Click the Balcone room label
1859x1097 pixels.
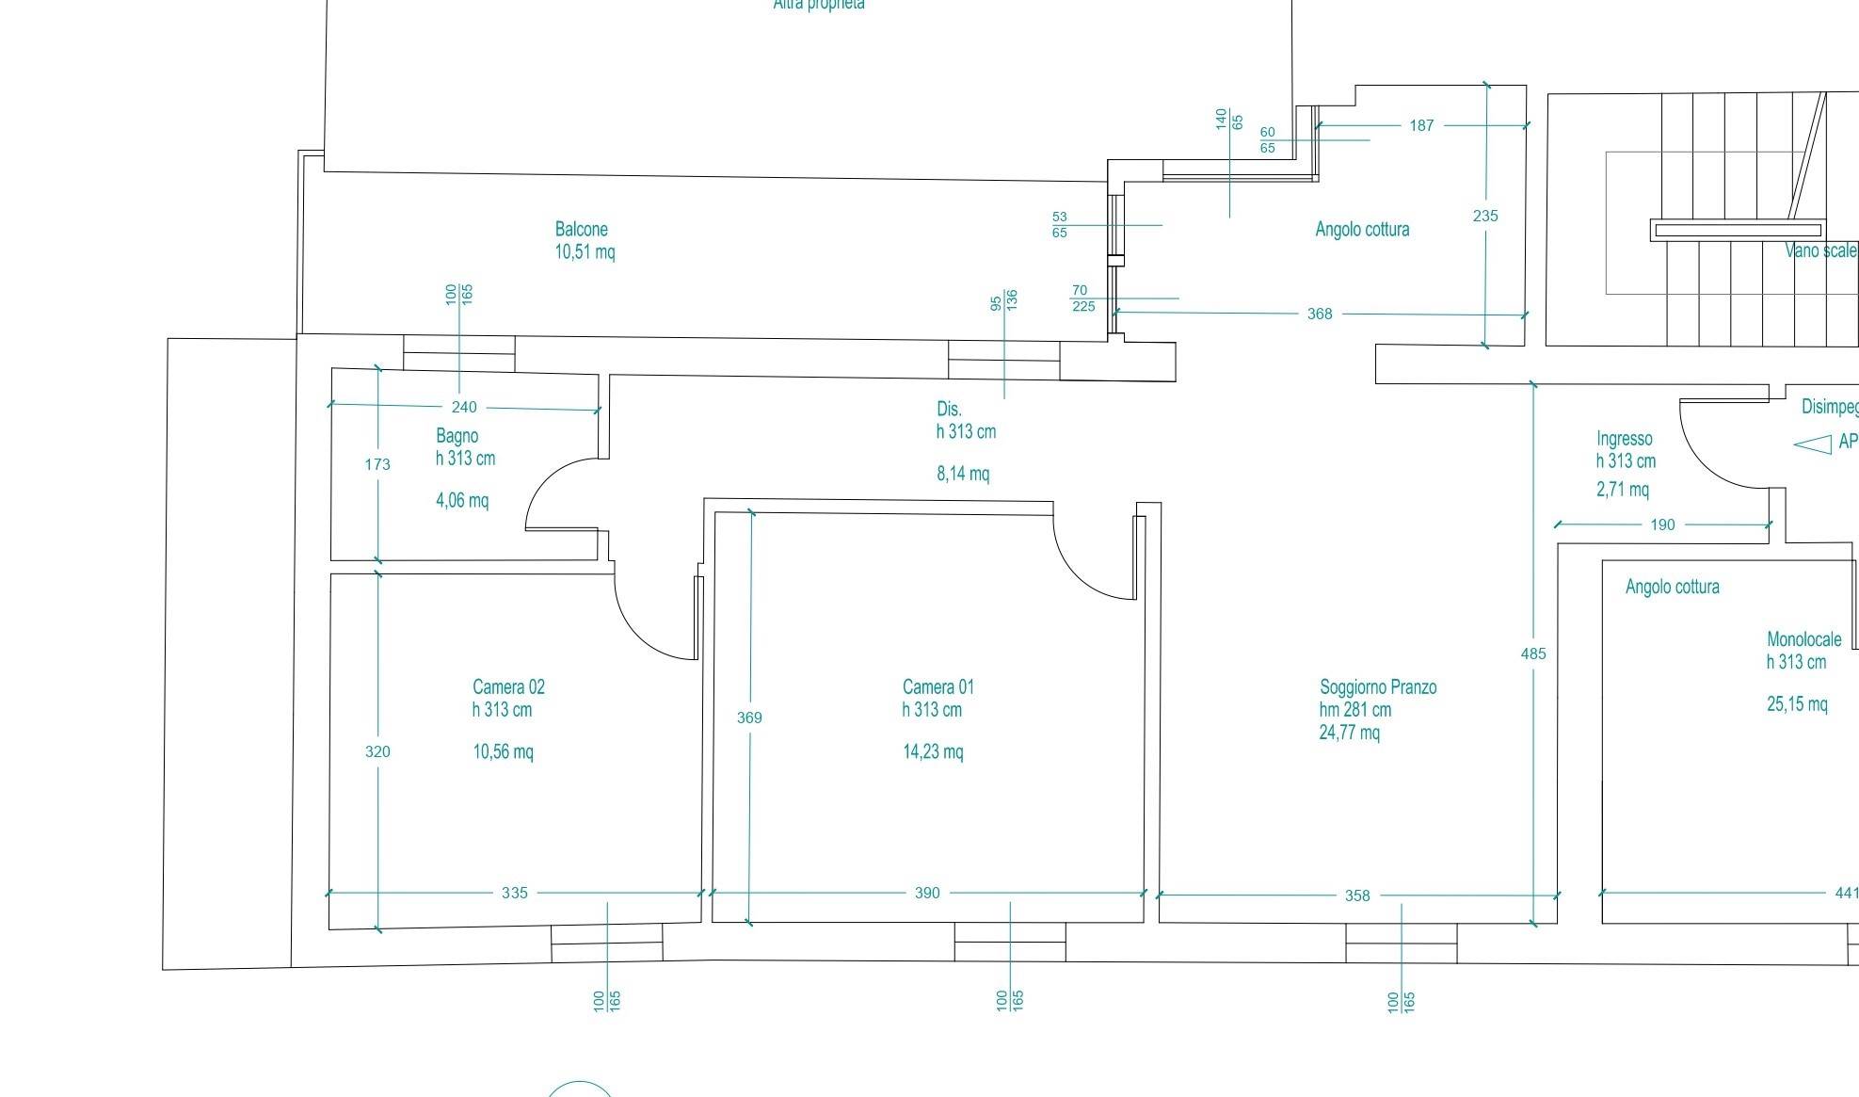(581, 229)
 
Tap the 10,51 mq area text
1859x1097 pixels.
(585, 251)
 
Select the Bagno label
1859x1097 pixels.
(457, 436)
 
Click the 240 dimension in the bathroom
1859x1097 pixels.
(464, 407)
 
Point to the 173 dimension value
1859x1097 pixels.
(377, 463)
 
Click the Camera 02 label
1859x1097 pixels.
(508, 687)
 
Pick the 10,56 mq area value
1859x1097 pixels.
(503, 751)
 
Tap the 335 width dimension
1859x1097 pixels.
(515, 893)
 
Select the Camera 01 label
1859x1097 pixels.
(938, 687)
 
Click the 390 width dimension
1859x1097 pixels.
(927, 893)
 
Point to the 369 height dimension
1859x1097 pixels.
(749, 718)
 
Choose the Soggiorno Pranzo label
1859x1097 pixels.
(1378, 687)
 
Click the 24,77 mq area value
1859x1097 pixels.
(1349, 733)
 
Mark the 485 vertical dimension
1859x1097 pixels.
(1533, 653)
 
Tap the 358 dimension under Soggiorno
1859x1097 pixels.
(1357, 895)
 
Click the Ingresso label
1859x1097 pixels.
(1624, 439)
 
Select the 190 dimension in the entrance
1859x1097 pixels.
(1662, 524)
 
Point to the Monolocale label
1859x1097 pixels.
(1803, 639)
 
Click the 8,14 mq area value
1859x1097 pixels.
(963, 474)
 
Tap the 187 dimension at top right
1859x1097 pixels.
(1421, 125)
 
